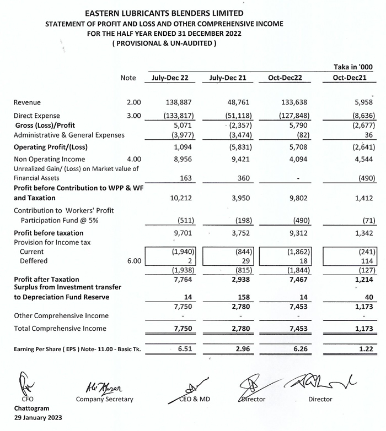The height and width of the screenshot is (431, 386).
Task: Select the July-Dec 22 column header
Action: point(170,78)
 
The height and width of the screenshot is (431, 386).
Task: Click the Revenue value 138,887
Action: point(177,103)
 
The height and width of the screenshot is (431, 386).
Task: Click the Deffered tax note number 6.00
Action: point(134,261)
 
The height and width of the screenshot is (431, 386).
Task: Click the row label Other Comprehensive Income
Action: point(61,316)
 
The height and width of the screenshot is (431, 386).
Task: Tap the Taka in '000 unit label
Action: point(353,67)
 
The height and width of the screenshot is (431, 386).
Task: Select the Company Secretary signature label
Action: point(104,399)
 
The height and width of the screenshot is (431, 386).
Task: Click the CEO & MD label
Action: point(194,399)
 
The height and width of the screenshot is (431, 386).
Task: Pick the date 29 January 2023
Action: point(37,418)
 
